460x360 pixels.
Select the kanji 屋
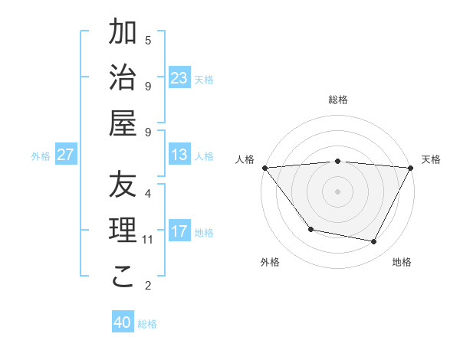(x=123, y=123)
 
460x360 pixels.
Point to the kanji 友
(x=123, y=185)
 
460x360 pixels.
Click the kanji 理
(x=123, y=231)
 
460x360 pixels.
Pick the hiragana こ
(x=123, y=277)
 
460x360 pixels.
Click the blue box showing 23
(x=179, y=78)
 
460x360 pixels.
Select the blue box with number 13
(x=179, y=155)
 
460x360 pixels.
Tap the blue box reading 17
(x=179, y=231)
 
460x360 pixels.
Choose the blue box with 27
(x=65, y=155)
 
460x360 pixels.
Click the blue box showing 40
(x=123, y=322)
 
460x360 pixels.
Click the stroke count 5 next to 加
(x=148, y=40)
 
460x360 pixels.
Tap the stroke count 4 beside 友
(x=148, y=193)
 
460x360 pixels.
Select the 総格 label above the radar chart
(x=337, y=100)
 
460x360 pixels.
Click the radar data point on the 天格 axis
(x=411, y=168)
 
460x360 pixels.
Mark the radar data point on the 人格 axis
(x=264, y=168)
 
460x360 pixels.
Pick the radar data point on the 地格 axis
(x=374, y=242)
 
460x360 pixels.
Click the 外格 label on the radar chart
(x=270, y=263)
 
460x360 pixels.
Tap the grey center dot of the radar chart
(x=337, y=191)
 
